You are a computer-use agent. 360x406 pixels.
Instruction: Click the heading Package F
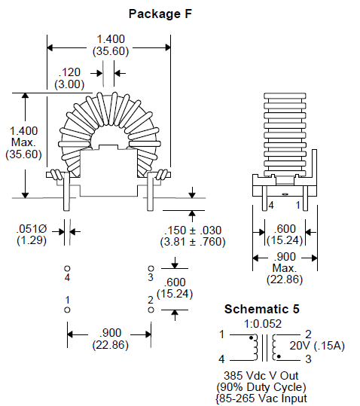[x=160, y=14]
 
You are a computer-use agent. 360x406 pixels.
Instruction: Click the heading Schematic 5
[x=261, y=309]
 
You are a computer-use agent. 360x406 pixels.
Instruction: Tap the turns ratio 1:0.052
[x=263, y=324]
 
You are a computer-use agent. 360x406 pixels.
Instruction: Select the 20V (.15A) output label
[x=317, y=346]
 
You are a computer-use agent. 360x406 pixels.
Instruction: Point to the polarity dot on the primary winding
[x=251, y=337]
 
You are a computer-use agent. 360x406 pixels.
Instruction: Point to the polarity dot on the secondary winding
[x=279, y=356]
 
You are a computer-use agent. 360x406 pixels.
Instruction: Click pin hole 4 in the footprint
[x=67, y=268]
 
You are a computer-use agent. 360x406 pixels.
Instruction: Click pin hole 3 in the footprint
[x=151, y=268]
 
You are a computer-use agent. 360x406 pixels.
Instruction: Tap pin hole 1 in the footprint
[x=67, y=310]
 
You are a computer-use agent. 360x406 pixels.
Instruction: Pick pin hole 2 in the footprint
[x=151, y=310]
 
